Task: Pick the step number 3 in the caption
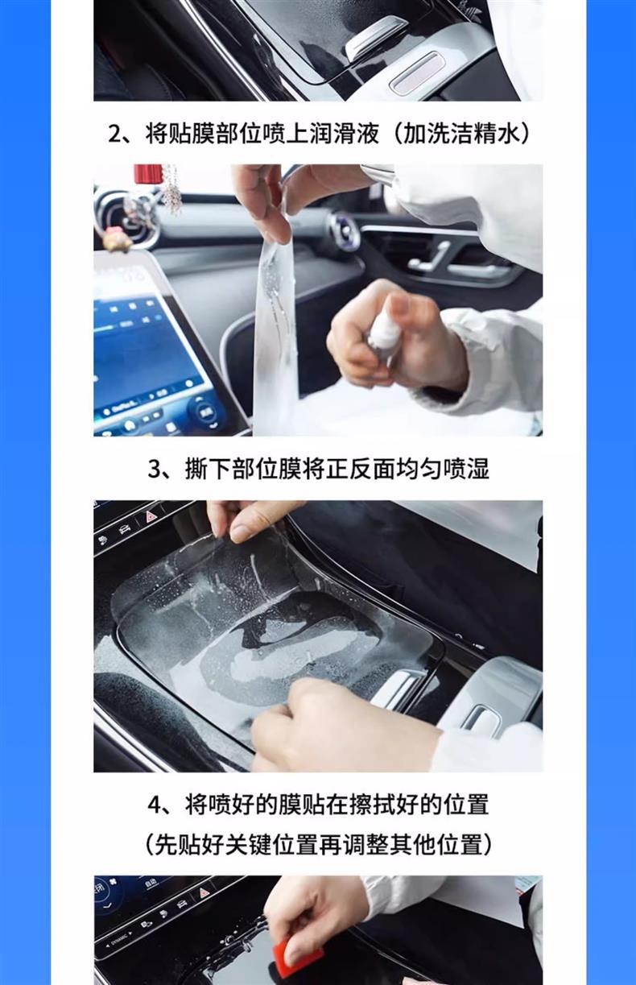point(154,470)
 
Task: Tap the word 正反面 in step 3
point(361,470)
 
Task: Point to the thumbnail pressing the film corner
point(241,532)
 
